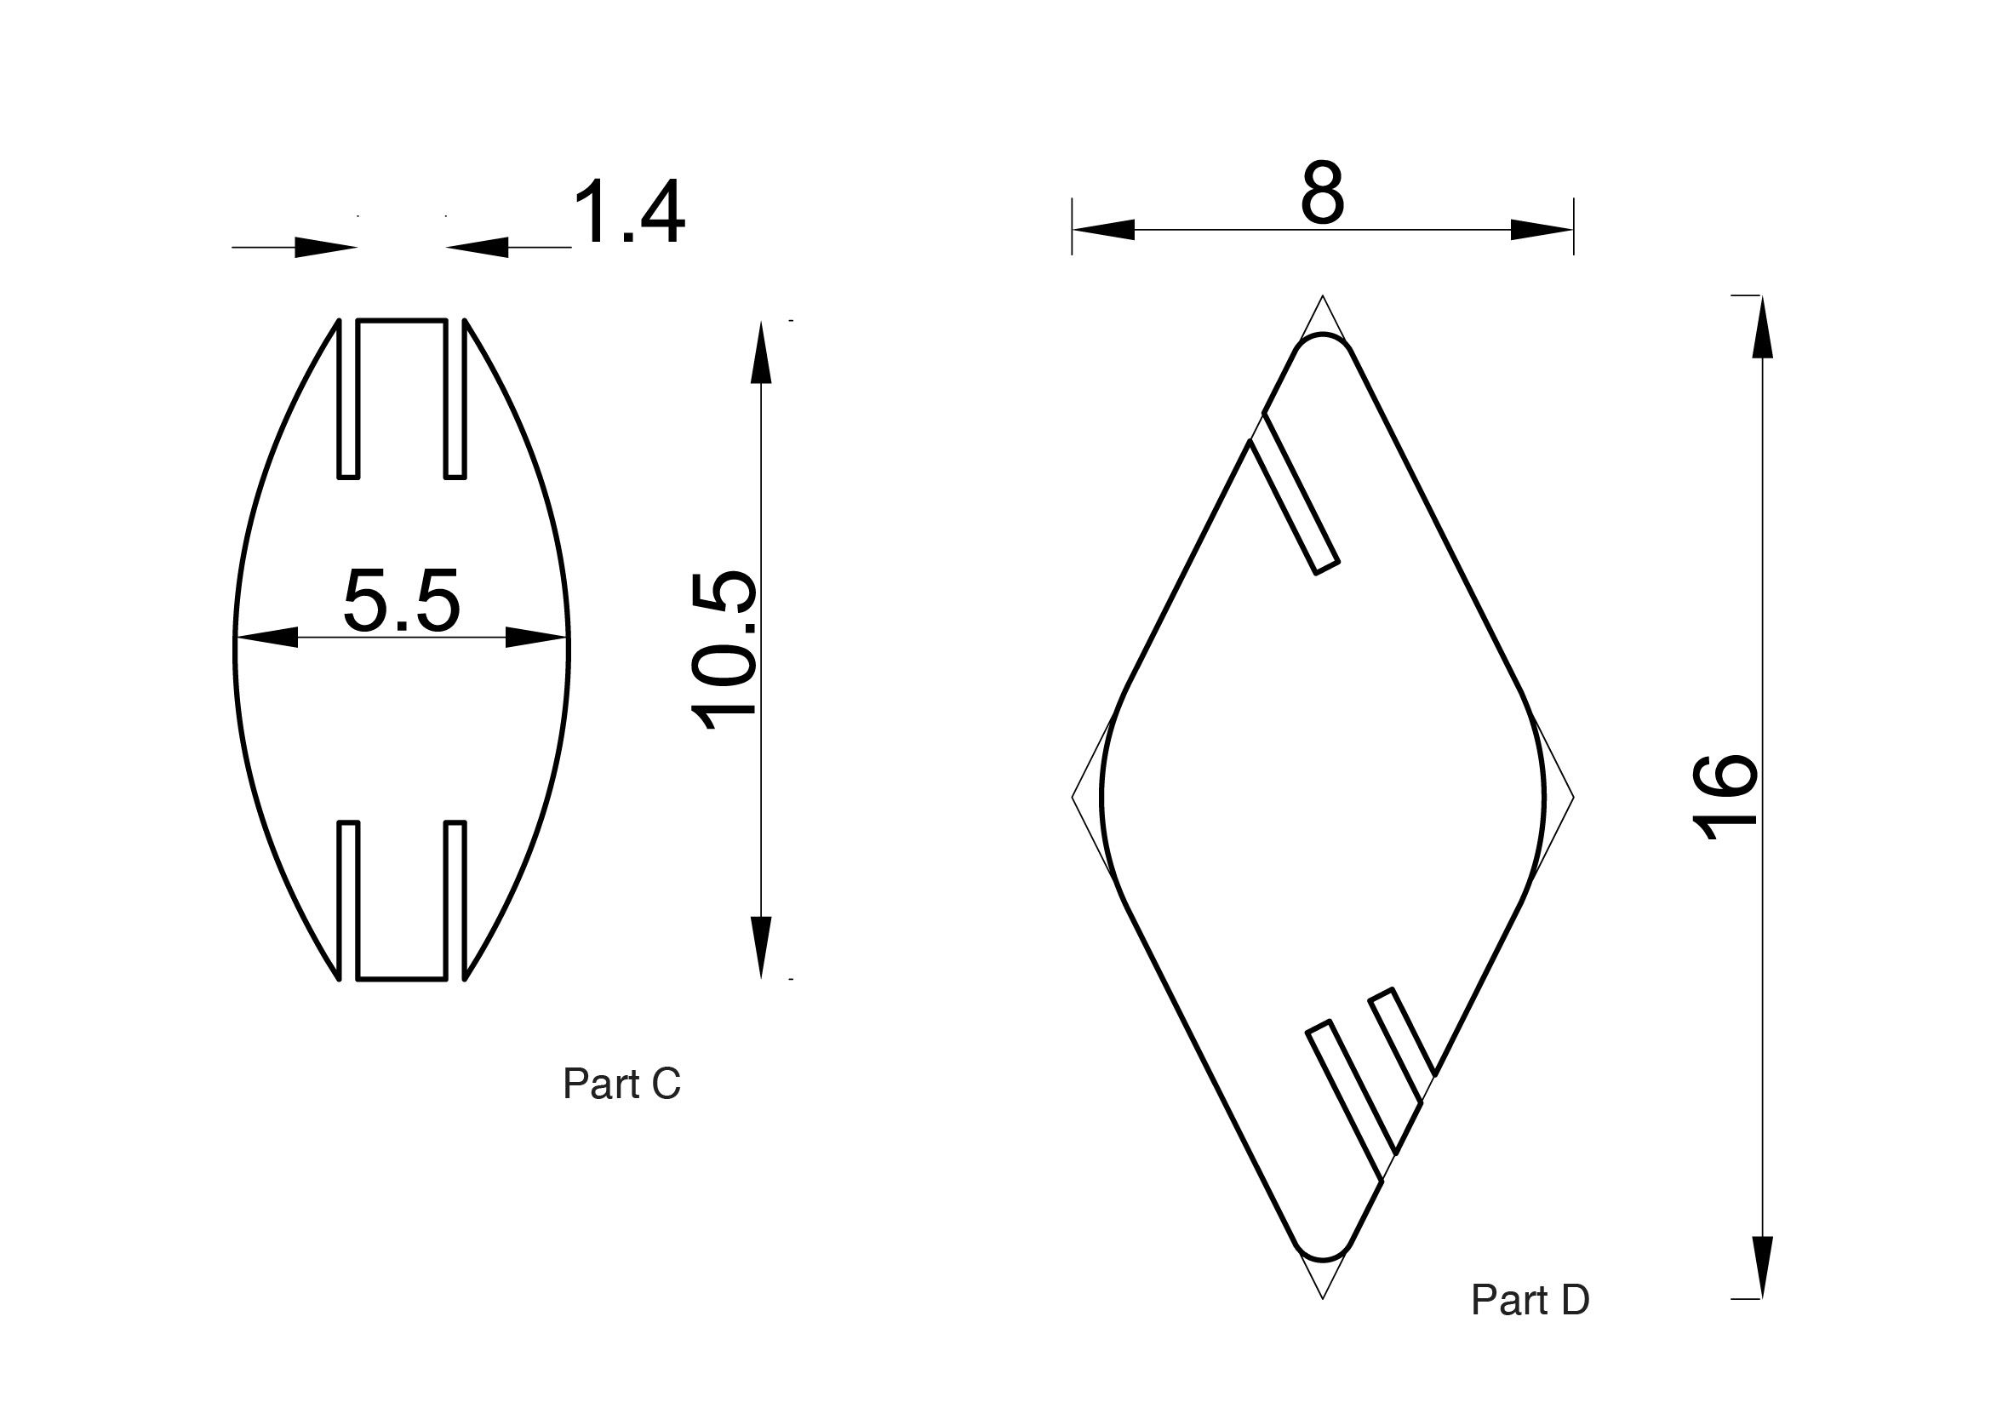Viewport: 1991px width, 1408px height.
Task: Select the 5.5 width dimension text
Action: tap(402, 600)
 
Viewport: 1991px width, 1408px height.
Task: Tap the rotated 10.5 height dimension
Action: tap(724, 650)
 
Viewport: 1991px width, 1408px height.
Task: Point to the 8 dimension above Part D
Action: tap(1323, 192)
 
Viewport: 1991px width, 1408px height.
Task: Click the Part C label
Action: tap(621, 1084)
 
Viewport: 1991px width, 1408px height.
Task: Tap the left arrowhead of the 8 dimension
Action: tap(1103, 230)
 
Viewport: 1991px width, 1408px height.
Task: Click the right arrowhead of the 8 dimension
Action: tap(1542, 230)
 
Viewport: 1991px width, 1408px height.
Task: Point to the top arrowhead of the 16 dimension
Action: tap(1762, 327)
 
